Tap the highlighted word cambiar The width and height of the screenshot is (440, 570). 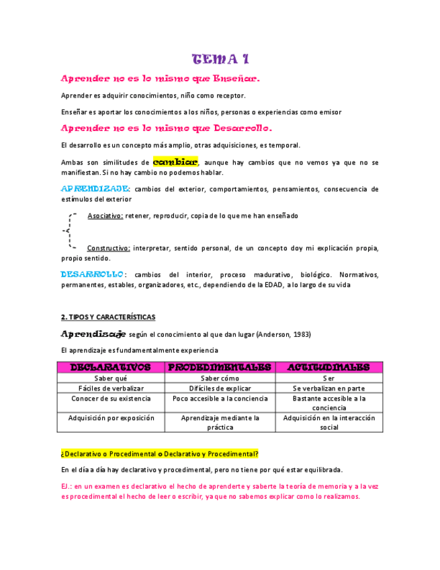pyautogui.click(x=175, y=162)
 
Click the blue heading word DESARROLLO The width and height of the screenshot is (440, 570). pyautogui.click(x=93, y=274)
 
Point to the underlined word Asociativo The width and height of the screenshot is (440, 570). pyautogui.click(x=105, y=216)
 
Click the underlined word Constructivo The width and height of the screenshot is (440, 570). pyautogui.click(x=109, y=248)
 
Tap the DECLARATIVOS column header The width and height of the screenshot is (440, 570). pyautogui.click(x=111, y=367)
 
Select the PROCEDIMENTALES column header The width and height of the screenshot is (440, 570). pyautogui.click(x=219, y=367)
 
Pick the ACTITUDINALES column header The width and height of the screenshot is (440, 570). pyautogui.click(x=328, y=367)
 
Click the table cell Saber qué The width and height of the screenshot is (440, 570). pyautogui.click(x=111, y=378)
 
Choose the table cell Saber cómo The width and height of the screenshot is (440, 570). pyautogui.click(x=219, y=378)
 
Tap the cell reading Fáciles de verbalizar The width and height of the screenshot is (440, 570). pyautogui.click(x=111, y=389)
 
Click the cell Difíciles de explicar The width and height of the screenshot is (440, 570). pyautogui.click(x=219, y=389)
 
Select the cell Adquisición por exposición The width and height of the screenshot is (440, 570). pyautogui.click(x=111, y=417)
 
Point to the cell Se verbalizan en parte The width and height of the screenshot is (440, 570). pyautogui.click(x=328, y=389)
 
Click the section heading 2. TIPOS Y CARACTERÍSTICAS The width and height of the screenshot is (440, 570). pyautogui.click(x=108, y=317)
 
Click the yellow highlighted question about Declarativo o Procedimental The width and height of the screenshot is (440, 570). pyautogui.click(x=159, y=453)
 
